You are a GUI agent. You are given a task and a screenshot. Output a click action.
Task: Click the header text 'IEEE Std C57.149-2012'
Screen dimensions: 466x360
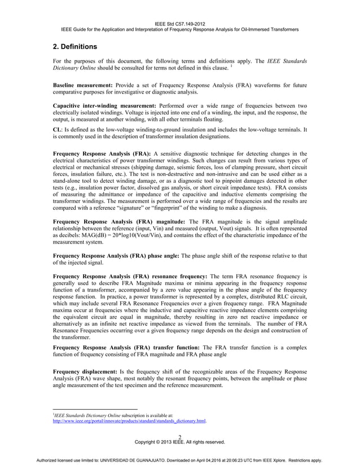pos(179,23)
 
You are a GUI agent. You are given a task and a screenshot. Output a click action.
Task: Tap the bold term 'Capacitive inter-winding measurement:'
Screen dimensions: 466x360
pos(106,105)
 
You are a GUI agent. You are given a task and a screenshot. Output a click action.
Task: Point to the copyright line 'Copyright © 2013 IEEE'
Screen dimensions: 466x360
pos(179,442)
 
